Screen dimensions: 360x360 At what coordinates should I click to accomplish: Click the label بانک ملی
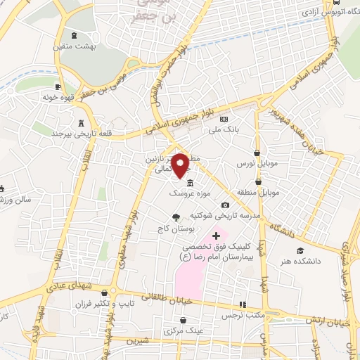click(226, 130)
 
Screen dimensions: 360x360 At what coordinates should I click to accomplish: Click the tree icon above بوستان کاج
click(175, 218)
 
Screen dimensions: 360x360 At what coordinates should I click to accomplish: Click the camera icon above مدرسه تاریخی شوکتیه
click(225, 204)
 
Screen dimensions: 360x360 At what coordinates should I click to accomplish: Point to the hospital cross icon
click(216, 235)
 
